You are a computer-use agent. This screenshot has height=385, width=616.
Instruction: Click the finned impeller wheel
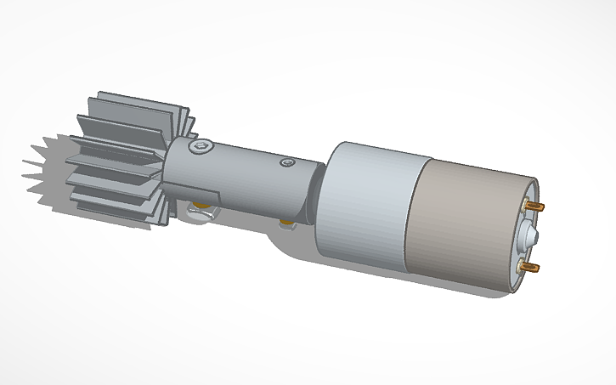[x=127, y=153]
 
